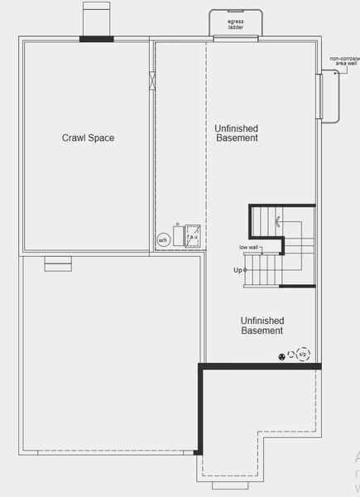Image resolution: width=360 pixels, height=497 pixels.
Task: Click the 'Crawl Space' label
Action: pos(88,138)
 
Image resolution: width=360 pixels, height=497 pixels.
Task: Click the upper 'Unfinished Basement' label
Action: pos(236,133)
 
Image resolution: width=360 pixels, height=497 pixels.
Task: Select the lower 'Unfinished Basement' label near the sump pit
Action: pos(262,326)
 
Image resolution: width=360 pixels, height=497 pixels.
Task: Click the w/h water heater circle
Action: pos(163,240)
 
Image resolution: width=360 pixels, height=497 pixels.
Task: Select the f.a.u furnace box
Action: pos(191,234)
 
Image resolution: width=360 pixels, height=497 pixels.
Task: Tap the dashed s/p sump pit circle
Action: pos(303,355)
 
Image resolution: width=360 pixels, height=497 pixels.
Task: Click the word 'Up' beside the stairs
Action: pos(238,271)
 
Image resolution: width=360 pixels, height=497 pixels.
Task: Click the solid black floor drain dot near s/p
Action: pos(282,356)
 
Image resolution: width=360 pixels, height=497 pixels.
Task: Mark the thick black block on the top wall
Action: pos(97,38)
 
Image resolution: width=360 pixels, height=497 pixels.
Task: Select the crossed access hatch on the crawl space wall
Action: pos(151,81)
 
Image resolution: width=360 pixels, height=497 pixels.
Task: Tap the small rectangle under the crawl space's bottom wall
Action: pos(57,263)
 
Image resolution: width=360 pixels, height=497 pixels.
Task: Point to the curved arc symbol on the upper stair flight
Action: pos(279,221)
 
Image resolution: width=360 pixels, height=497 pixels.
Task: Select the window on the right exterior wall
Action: pos(319,96)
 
